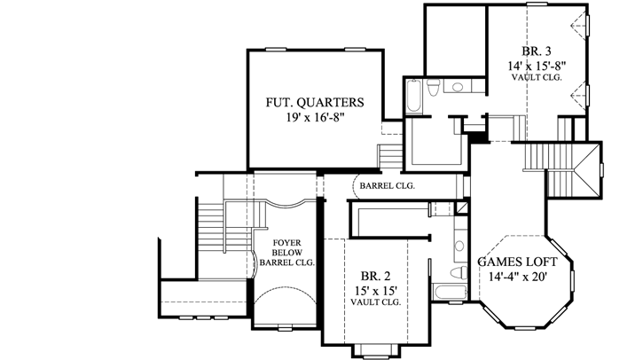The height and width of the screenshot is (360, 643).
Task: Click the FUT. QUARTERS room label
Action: tap(314, 102)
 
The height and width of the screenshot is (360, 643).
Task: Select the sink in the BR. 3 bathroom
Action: tap(458, 87)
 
